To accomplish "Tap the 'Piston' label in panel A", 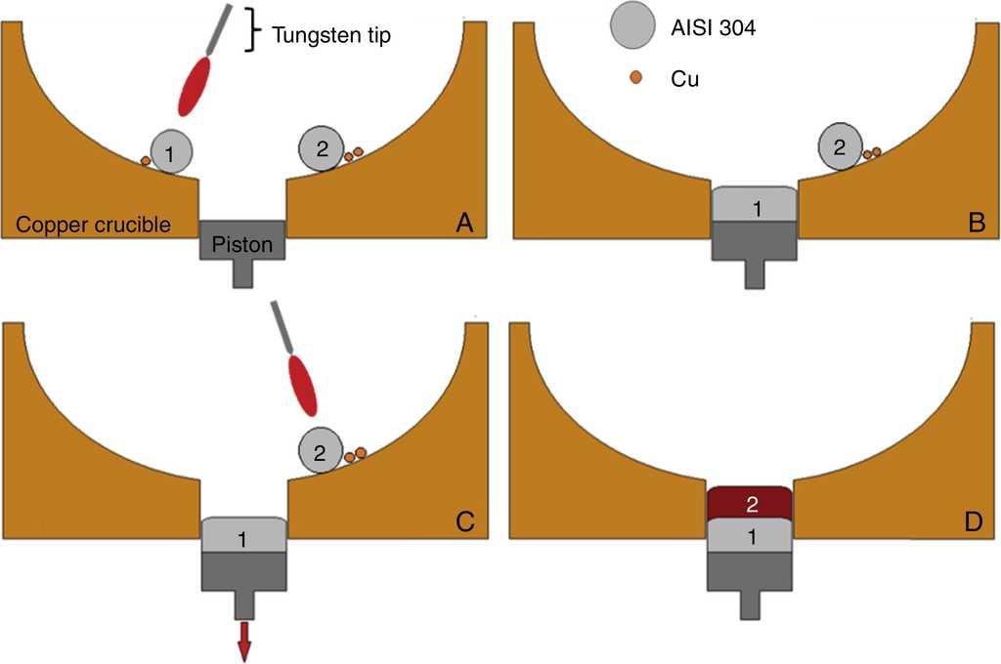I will pos(241,243).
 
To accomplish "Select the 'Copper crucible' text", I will pos(94,226).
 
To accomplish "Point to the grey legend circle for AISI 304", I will pos(631,26).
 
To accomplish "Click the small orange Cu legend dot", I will pos(635,76).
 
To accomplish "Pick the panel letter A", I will pos(464,224).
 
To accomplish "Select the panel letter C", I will pos(464,520).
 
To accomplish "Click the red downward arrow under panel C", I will pos(243,642).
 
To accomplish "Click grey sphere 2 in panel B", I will pos(839,147).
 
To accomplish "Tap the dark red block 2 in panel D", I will pos(749,504).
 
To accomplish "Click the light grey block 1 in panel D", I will pos(749,536).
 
